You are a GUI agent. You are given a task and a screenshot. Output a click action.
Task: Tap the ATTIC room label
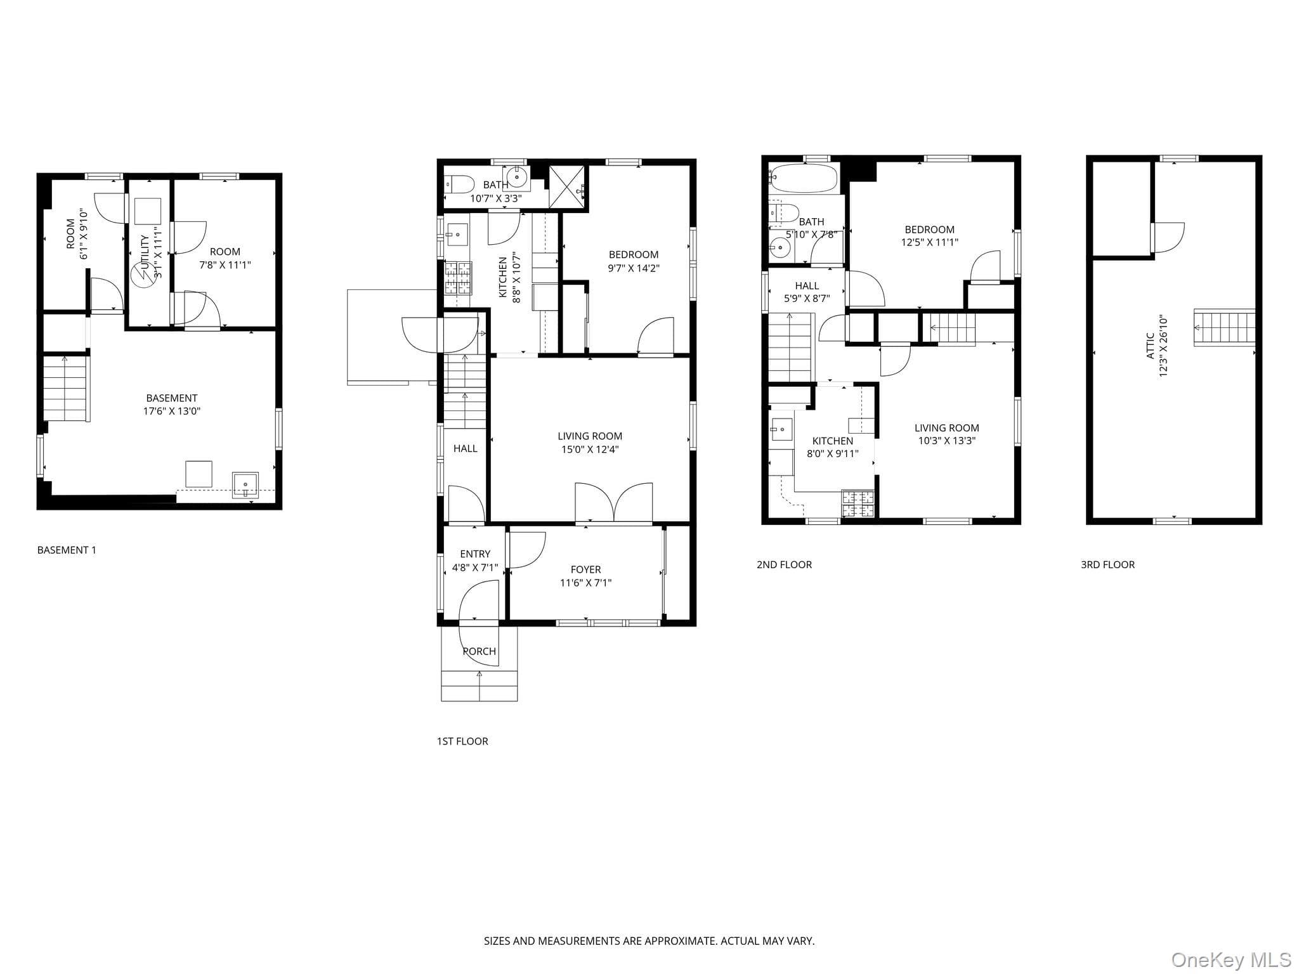pyautogui.click(x=1150, y=346)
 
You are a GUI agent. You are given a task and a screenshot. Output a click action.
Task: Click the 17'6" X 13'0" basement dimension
pyautogui.click(x=172, y=411)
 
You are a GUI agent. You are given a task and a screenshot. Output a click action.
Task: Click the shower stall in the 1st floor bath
pyautogui.click(x=568, y=186)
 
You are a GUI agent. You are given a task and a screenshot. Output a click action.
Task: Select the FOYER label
pyautogui.click(x=585, y=569)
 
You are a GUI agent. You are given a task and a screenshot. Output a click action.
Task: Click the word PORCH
pyautogui.click(x=480, y=651)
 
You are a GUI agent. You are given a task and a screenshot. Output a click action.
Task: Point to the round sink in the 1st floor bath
pyautogui.click(x=518, y=178)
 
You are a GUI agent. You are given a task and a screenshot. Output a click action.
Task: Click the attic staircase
pyautogui.click(x=1224, y=327)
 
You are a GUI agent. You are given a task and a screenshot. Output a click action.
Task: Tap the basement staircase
pyautogui.click(x=65, y=389)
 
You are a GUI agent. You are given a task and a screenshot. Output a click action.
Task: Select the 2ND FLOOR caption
pyautogui.click(x=784, y=564)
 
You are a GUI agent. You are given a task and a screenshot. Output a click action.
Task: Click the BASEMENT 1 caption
pyautogui.click(x=67, y=550)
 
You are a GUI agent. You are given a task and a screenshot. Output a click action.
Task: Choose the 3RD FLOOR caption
pyautogui.click(x=1107, y=564)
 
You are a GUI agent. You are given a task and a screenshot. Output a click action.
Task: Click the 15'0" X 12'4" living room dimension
pyautogui.click(x=590, y=450)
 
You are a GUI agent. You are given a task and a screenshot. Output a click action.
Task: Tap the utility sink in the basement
pyautogui.click(x=245, y=485)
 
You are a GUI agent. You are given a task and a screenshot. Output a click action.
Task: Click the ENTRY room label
pyautogui.click(x=475, y=554)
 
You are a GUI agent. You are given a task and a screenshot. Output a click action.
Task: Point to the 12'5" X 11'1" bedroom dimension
pyautogui.click(x=929, y=242)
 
